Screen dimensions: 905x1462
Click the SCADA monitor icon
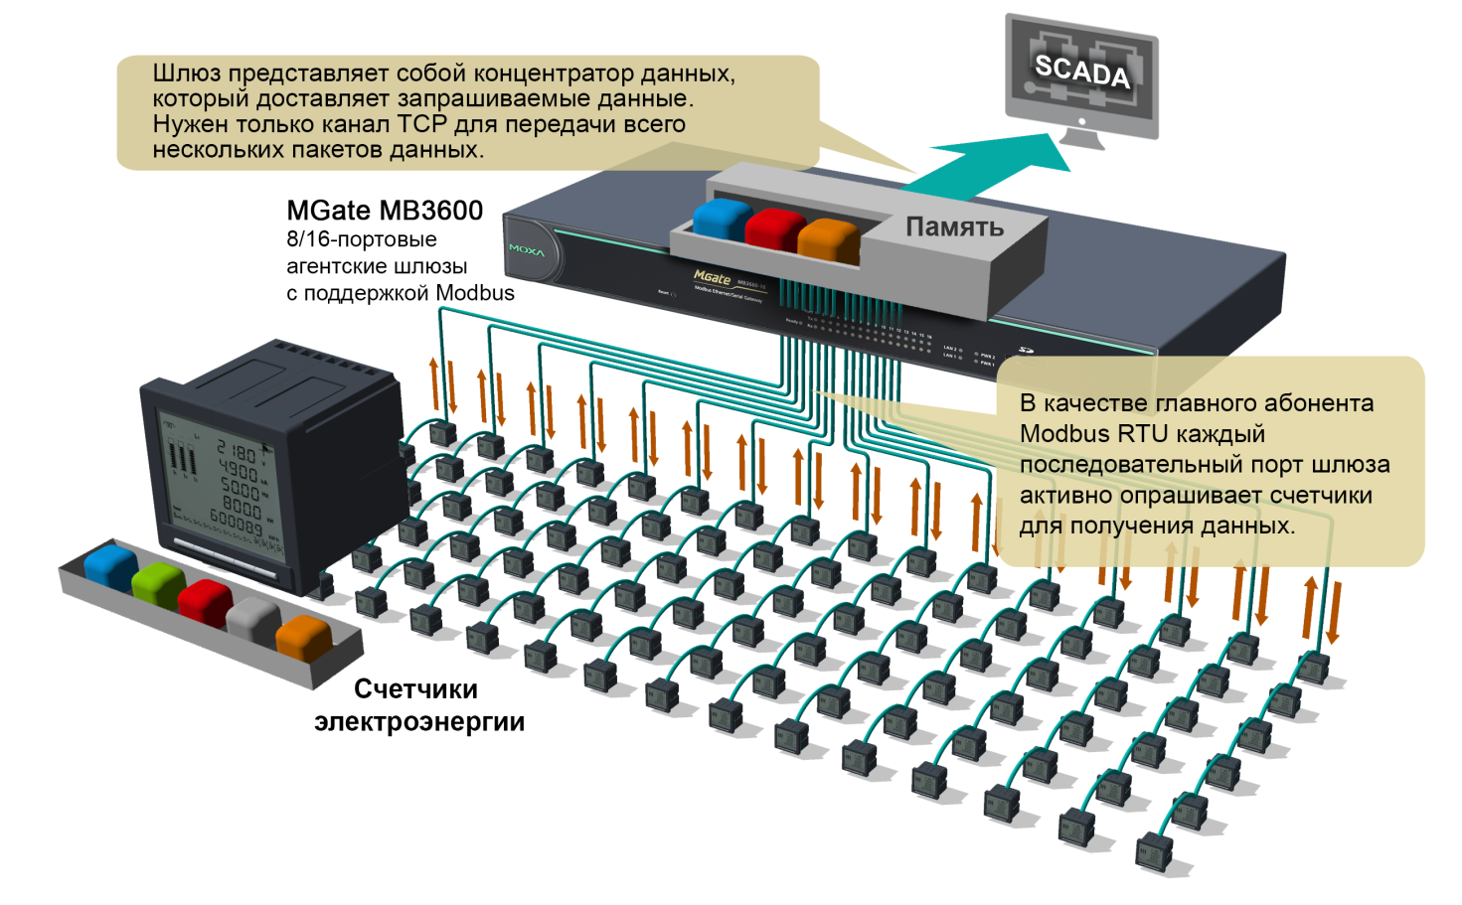(1082, 77)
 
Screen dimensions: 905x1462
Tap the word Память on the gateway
(954, 227)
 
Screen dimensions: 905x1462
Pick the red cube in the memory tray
(774, 229)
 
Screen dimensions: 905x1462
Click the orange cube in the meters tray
(303, 637)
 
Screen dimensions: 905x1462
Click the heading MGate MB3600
(385, 211)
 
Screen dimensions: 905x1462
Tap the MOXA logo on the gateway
(527, 250)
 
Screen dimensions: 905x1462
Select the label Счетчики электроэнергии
(419, 705)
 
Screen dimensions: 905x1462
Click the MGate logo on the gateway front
(712, 277)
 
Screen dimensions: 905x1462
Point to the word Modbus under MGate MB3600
(475, 293)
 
